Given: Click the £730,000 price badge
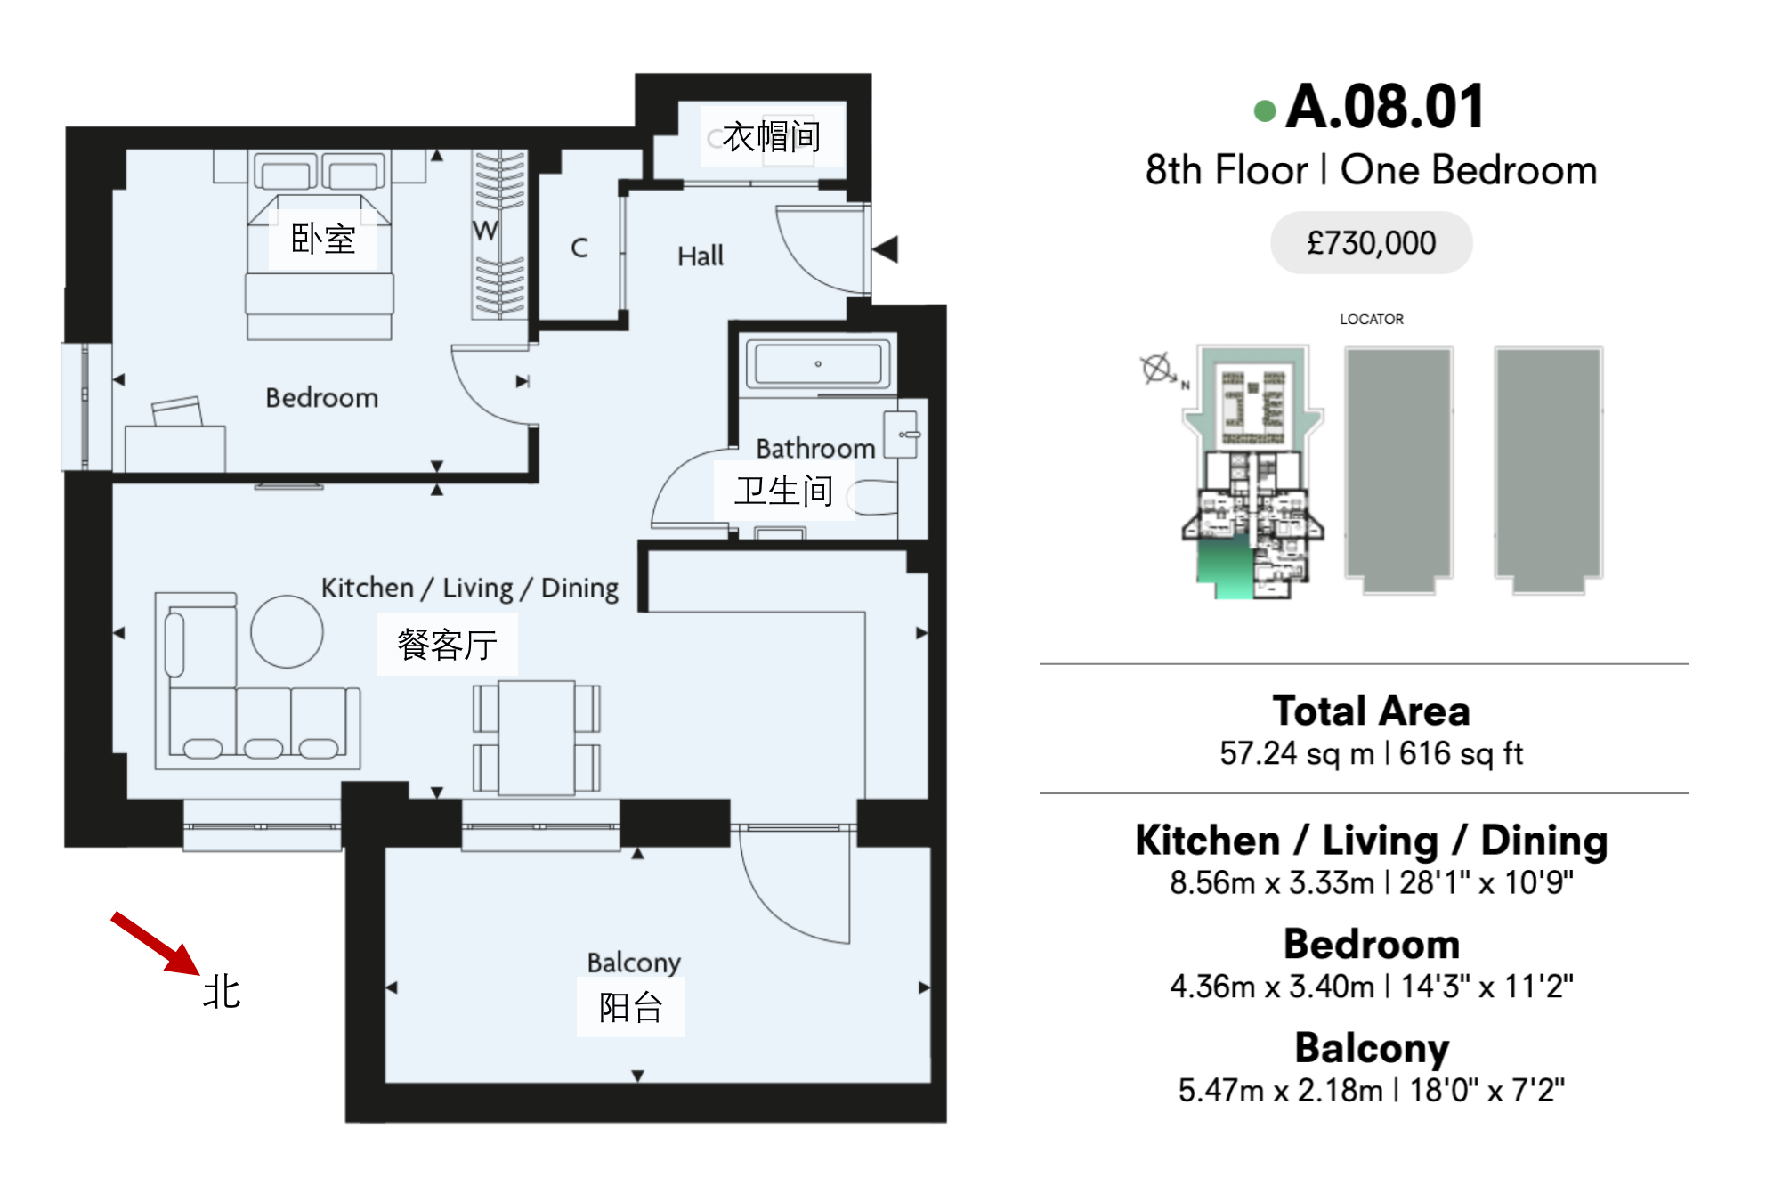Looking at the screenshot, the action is pos(1370,242).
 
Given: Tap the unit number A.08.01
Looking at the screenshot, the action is pos(1385,107).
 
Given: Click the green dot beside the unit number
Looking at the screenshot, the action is pos(1264,110).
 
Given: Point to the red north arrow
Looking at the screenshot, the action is pos(156,944).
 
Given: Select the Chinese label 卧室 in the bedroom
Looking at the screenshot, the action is pos(323,239).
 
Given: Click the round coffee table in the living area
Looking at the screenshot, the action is pos(287,631).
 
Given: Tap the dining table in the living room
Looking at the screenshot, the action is pos(536,737).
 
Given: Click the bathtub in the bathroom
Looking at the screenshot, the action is pos(818,363).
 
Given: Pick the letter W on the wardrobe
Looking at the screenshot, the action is pos(485,231).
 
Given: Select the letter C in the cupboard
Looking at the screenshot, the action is pos(579,248).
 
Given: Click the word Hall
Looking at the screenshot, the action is pos(701,256).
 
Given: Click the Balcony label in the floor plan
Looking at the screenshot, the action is pos(634,963).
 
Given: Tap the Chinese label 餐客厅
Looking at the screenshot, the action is pos(447,645).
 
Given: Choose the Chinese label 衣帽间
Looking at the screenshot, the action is pos(771,136).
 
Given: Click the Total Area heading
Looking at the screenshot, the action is pos(1371,711).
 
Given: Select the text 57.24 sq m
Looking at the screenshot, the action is pos(1296,753).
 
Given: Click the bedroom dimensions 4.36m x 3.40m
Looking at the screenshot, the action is pos(1272,987).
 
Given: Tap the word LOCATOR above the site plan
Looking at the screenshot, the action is pos(1372,319).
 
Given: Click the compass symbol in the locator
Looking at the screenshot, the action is pos(1157,368).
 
